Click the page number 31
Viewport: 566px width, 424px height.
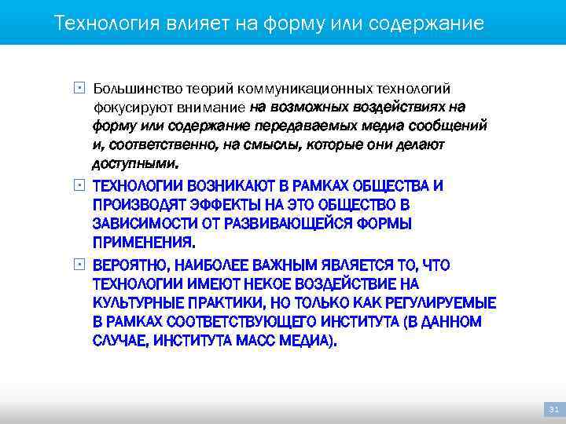[x=553, y=410]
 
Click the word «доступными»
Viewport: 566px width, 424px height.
[x=134, y=164]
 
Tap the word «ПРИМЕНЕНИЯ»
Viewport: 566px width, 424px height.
[x=143, y=242]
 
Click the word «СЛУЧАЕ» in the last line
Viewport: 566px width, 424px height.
[x=120, y=341]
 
